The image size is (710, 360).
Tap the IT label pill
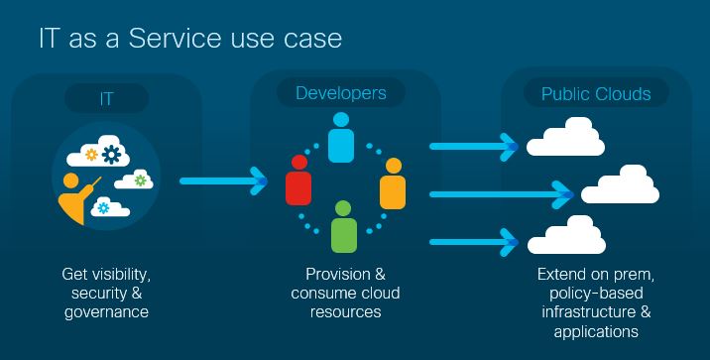pyautogui.click(x=106, y=97)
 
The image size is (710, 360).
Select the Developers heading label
pyautogui.click(x=341, y=93)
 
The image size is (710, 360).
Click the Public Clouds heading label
pyautogui.click(x=595, y=94)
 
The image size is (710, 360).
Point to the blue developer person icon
pyautogui.click(x=341, y=137)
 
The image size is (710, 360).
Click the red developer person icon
pyautogui.click(x=296, y=180)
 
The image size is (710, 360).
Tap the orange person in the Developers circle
pyautogui.click(x=393, y=182)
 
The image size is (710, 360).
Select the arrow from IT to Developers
pyautogui.click(x=224, y=181)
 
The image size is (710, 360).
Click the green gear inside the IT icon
pyautogui.click(x=141, y=180)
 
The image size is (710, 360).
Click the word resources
pyautogui.click(x=345, y=311)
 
